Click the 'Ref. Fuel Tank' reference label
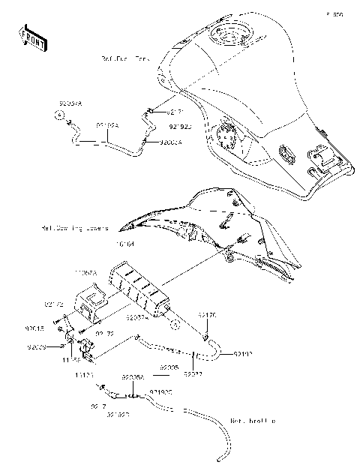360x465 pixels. pos(124,58)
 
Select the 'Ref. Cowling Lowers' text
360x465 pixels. pos(76,228)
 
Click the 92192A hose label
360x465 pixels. pos(107,127)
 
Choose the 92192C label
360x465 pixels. pos(160,391)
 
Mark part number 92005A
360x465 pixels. pos(133,379)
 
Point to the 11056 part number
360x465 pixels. pos(70,360)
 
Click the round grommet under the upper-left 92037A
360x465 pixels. pos(56,115)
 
